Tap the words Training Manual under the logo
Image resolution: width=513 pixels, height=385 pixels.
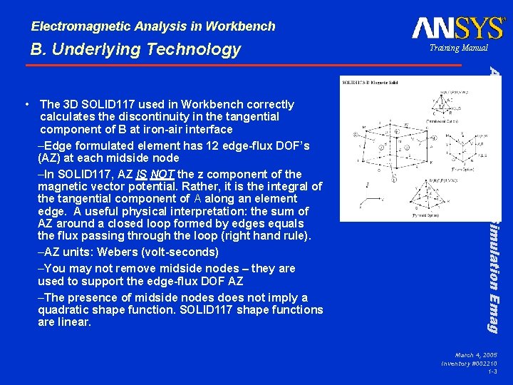click(x=458, y=48)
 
